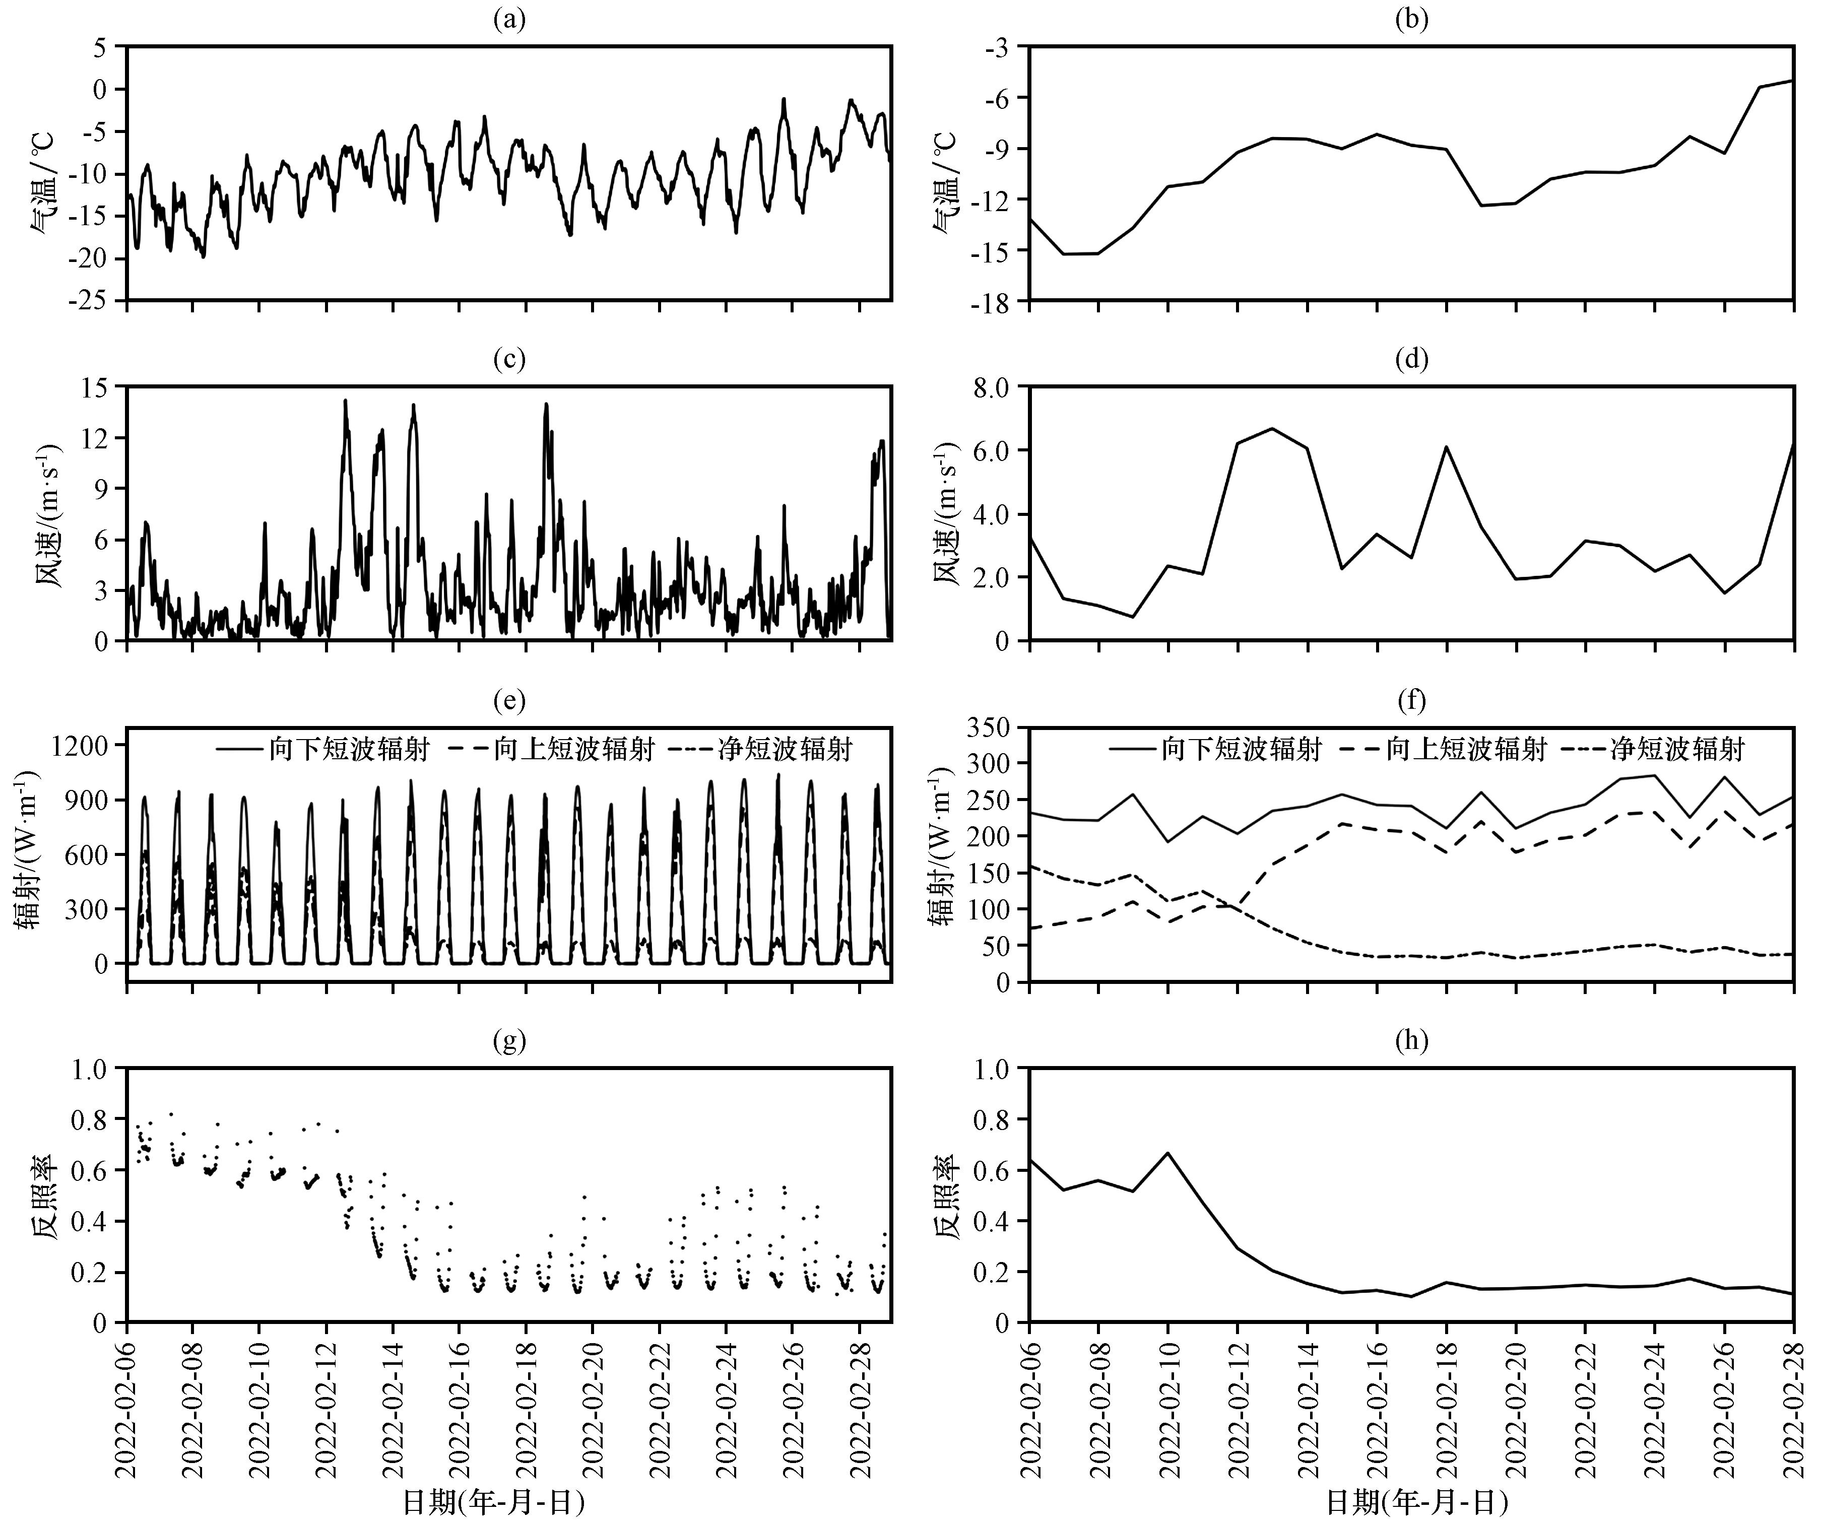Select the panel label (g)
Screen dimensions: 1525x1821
point(509,1040)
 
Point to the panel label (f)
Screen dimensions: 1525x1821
point(1412,700)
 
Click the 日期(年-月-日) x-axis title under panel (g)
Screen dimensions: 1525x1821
point(493,1502)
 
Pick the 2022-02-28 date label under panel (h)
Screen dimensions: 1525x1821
point(1793,1406)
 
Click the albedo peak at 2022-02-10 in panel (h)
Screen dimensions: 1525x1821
point(1168,1153)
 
